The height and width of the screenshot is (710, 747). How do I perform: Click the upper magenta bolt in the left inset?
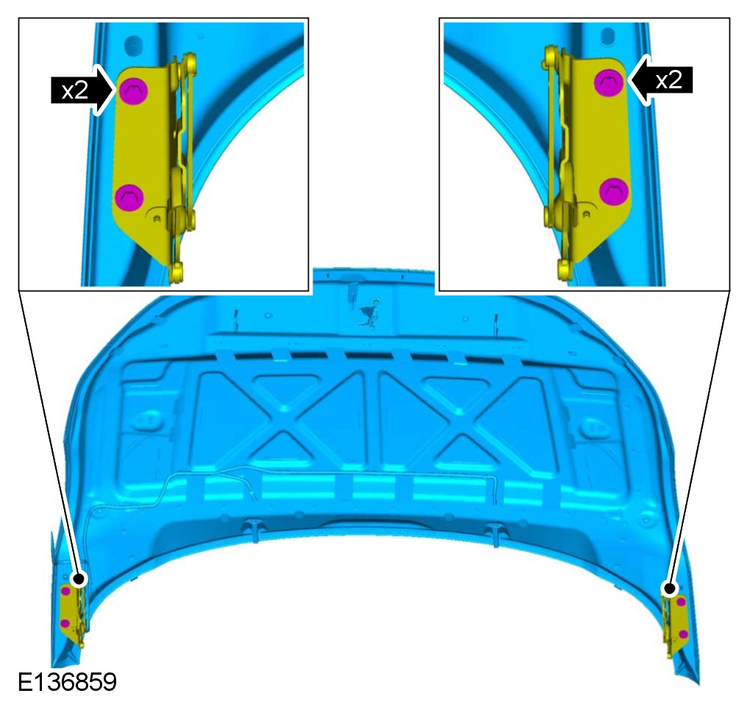(133, 90)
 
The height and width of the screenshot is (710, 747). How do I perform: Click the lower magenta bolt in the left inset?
(129, 197)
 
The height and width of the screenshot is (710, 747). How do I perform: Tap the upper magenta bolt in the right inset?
(608, 82)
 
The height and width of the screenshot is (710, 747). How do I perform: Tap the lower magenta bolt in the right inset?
(614, 192)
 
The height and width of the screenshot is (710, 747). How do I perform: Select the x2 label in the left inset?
(75, 90)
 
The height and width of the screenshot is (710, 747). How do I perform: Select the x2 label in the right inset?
(669, 80)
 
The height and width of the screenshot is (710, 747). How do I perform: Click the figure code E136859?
(67, 682)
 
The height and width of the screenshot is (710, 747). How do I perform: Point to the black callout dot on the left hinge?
(79, 579)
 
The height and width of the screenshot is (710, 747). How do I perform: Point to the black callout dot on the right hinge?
(669, 589)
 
